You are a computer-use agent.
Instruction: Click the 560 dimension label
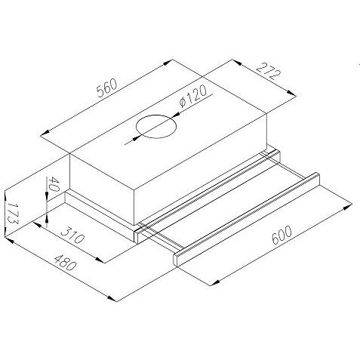(x=107, y=88)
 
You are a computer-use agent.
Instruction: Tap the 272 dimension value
(x=269, y=72)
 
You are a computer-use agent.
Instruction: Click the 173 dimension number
(x=12, y=212)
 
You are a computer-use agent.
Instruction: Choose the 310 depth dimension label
(x=72, y=235)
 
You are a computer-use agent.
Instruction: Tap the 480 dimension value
(x=65, y=263)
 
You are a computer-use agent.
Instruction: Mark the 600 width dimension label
(x=282, y=235)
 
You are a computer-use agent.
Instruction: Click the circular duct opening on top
(x=156, y=127)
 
